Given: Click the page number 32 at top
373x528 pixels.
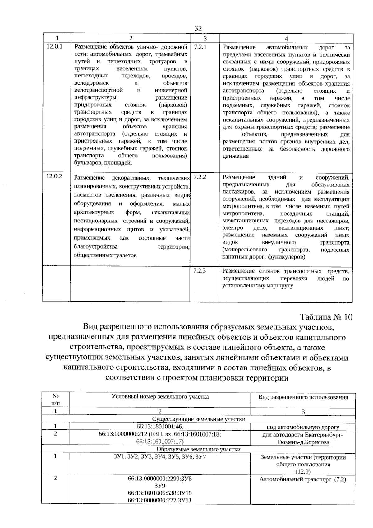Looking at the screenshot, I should coord(198,28).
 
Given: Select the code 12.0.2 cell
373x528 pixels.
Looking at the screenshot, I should coord(54,176).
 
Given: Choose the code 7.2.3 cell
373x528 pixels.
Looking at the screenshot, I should coord(200,270).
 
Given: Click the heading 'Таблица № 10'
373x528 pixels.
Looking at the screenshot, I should coord(326,317).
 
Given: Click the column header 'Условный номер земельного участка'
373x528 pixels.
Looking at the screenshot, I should coord(160,397).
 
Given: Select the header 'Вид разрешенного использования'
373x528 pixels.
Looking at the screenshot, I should coord(303,397).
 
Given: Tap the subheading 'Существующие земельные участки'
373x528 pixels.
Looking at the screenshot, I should coord(199,419).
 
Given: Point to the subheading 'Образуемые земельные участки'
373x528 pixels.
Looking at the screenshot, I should coord(199,449).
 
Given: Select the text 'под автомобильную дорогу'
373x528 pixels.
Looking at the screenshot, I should coord(303,427).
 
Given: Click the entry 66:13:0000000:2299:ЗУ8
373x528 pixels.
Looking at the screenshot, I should coord(160,479).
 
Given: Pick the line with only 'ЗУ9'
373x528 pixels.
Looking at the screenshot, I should coord(160,486).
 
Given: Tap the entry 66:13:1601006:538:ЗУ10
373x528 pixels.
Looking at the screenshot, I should coord(160,493).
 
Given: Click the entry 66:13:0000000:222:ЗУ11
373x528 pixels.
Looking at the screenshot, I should coord(160,500).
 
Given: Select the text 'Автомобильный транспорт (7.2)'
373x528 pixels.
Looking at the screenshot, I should coord(303,479).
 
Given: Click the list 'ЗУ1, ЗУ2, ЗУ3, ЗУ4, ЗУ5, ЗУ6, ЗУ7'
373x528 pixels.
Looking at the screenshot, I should coord(160,457).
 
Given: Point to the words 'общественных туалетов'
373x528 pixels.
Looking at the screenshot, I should coord(105,255).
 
